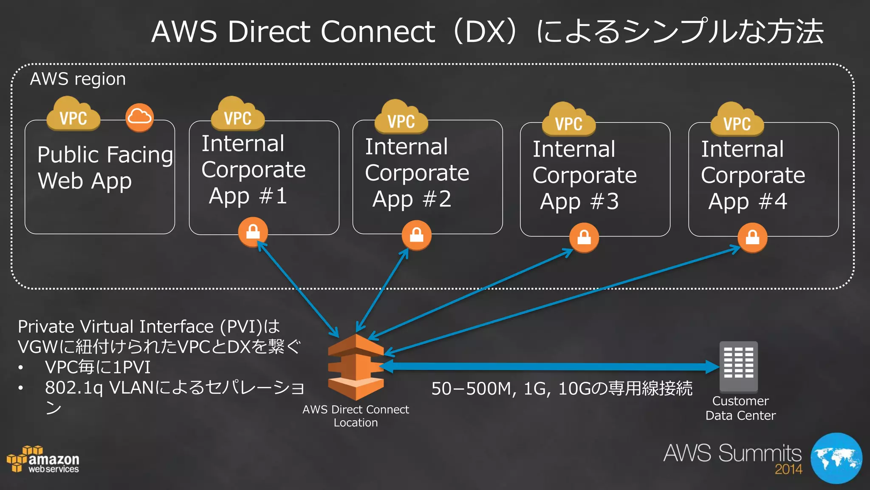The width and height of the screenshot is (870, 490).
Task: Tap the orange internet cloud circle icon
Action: [139, 117]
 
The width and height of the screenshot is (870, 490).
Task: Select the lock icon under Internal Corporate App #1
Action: [253, 232]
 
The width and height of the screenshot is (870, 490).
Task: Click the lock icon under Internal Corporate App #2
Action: [416, 234]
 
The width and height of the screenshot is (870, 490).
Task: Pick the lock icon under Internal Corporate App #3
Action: [584, 237]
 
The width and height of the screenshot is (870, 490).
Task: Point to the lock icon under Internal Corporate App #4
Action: [752, 237]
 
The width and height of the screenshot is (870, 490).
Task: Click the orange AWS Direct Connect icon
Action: [356, 367]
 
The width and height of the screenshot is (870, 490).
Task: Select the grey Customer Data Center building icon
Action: [738, 366]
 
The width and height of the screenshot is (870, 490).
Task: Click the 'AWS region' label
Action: [78, 79]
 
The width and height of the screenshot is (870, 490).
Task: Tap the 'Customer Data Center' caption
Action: [740, 408]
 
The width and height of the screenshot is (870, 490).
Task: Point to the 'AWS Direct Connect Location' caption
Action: [356, 416]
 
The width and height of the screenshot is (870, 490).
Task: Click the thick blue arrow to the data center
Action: [548, 366]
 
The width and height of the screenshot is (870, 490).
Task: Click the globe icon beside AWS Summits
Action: [836, 458]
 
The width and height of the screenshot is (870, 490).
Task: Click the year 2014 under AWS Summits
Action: [788, 469]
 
